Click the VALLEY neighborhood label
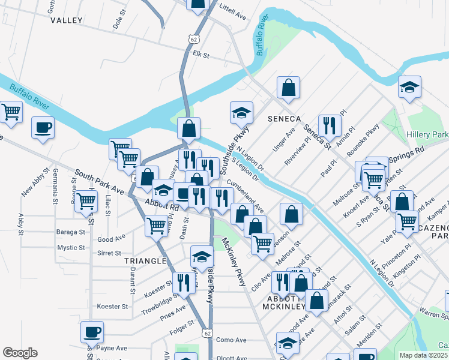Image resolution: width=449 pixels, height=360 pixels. [x=66, y=20]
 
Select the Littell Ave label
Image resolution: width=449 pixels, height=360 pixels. [x=233, y=11]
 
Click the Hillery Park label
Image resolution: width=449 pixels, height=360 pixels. [x=427, y=134]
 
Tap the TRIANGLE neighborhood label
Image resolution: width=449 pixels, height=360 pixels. [x=145, y=261]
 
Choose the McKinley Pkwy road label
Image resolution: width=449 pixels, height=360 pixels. [x=234, y=261]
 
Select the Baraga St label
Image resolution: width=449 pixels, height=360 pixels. [x=71, y=232]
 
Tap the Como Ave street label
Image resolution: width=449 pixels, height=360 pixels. [x=232, y=340]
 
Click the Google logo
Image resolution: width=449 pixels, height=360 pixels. [x=20, y=352]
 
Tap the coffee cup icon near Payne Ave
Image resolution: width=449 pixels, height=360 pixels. [x=92, y=331]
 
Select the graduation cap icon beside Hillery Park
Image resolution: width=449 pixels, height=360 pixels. [x=409, y=87]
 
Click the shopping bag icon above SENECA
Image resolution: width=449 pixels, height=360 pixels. [x=289, y=87]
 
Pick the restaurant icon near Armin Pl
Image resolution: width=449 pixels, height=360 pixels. [x=330, y=125]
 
